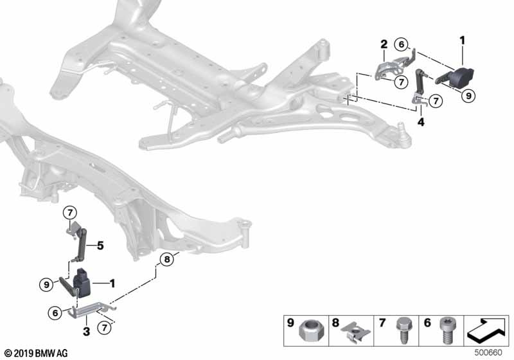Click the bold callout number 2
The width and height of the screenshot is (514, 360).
(383, 44)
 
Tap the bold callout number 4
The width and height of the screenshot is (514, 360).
(420, 121)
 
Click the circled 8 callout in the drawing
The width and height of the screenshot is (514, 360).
(166, 259)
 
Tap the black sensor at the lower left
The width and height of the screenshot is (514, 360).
(86, 282)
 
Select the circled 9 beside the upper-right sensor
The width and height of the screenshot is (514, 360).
(469, 95)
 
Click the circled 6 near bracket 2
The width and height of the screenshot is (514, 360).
(401, 45)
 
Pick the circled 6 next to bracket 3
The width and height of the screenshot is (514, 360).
(56, 312)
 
